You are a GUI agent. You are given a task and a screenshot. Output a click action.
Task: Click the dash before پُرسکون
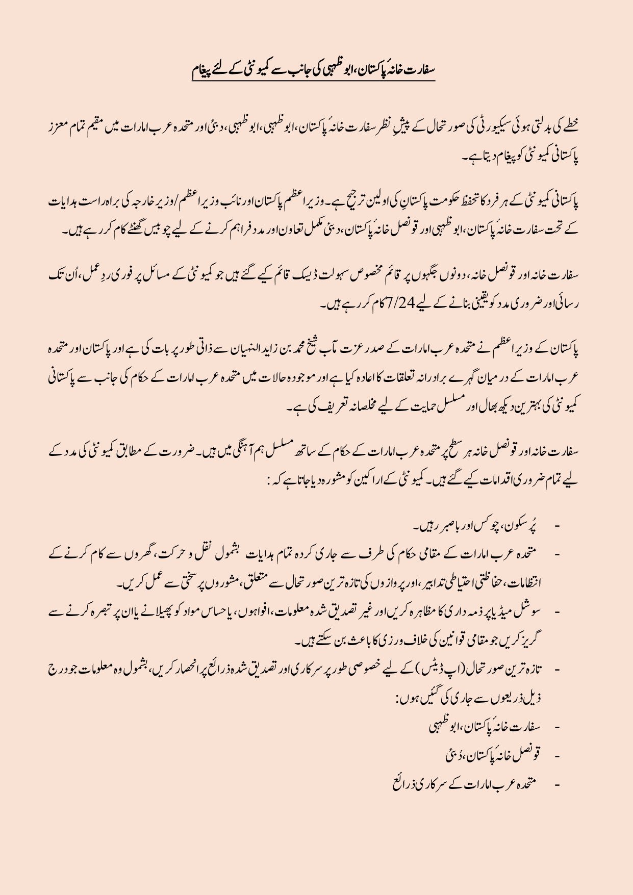coord(556,526)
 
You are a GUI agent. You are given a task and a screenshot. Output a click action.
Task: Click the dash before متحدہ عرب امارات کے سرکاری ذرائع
coord(556,783)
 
